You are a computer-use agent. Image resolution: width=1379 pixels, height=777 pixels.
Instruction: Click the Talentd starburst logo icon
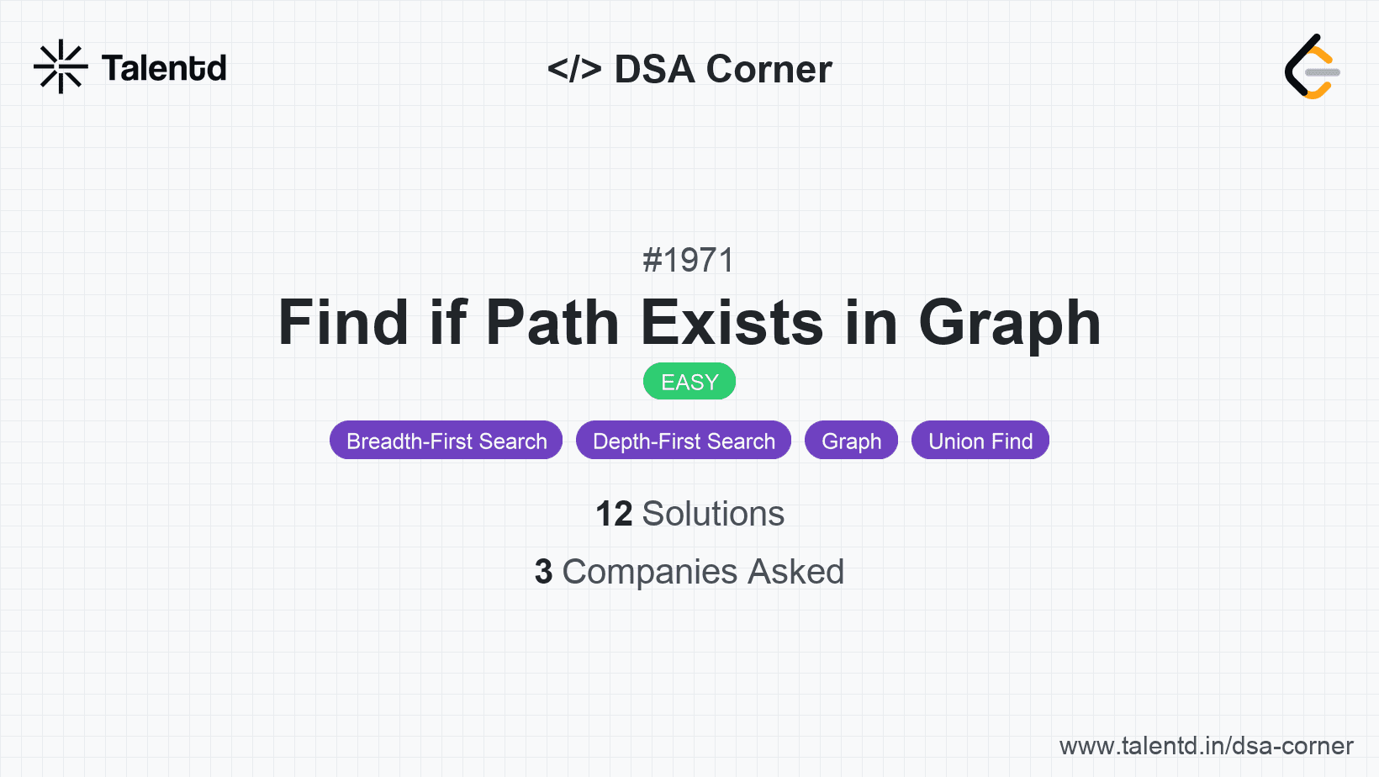pos(61,66)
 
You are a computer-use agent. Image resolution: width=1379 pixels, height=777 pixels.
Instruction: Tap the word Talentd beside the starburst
pos(164,68)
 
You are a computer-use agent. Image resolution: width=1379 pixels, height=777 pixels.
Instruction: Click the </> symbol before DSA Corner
pos(573,69)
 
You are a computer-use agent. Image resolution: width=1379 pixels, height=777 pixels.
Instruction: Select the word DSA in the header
pos(654,69)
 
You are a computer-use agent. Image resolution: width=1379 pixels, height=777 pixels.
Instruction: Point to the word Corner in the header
pos(769,69)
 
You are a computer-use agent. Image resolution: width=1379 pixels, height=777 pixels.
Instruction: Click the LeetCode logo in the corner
pos(1312,66)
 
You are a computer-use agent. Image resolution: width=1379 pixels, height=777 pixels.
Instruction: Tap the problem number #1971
pos(689,260)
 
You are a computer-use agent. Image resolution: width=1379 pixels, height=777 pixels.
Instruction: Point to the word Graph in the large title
pos(1010,324)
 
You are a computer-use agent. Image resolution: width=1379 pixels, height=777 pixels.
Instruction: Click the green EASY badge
pos(689,381)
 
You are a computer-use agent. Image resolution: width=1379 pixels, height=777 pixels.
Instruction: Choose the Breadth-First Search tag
pos(446,441)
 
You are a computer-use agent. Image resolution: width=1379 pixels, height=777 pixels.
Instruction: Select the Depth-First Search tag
pos(684,441)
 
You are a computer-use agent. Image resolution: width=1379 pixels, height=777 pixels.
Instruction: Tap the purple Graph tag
pos(851,441)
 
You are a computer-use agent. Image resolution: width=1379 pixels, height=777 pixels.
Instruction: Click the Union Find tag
pos(980,441)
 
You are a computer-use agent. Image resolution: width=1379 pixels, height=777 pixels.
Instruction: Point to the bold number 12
pos(614,514)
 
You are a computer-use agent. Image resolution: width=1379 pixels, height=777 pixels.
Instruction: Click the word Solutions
pos(713,514)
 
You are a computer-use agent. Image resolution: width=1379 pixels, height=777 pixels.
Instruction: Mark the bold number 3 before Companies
pos(543,571)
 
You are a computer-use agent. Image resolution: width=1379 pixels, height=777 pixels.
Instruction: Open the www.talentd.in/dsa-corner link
pos(1206,746)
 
